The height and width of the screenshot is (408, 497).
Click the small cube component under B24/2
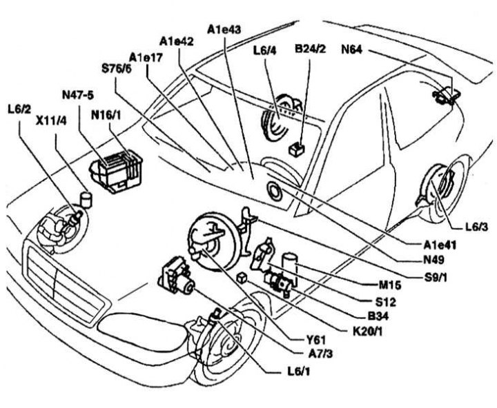pyautogui.click(x=298, y=147)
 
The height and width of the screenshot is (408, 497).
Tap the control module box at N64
pyautogui.click(x=447, y=94)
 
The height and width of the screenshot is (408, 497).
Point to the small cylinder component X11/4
pyautogui.click(x=87, y=199)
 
